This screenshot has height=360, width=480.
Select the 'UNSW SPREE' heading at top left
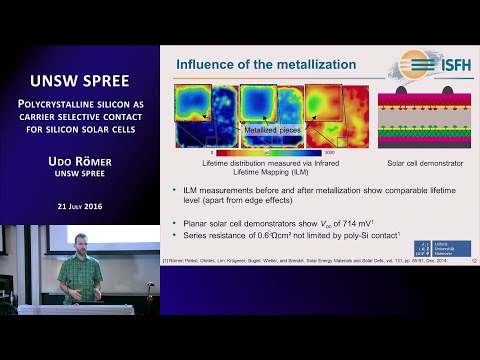pos(79,75)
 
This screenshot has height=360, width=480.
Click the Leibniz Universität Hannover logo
pos(442,248)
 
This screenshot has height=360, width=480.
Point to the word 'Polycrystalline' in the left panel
pos(58,102)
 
